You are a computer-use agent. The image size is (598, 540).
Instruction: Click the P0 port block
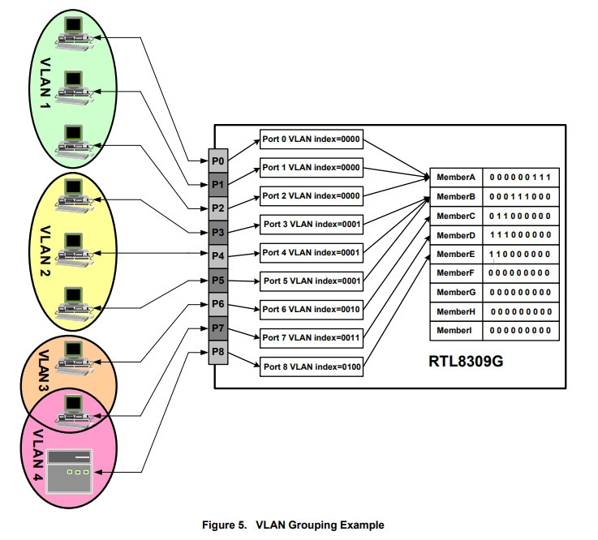click(x=217, y=161)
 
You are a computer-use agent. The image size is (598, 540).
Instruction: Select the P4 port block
click(x=217, y=256)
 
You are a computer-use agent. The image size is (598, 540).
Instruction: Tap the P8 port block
click(x=217, y=352)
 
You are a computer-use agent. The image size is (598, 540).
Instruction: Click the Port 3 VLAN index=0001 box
click(x=312, y=224)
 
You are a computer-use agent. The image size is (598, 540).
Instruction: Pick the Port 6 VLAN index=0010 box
click(x=312, y=309)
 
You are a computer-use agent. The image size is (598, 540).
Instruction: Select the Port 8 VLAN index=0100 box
click(x=312, y=366)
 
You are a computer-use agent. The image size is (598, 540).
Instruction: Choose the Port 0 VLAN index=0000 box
click(x=312, y=139)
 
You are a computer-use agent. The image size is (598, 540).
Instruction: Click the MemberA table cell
click(x=456, y=178)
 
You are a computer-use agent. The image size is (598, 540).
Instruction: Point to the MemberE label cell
click(x=456, y=254)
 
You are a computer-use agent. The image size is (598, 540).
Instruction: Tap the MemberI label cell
click(x=456, y=330)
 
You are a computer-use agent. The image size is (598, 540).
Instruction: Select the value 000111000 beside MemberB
click(x=520, y=197)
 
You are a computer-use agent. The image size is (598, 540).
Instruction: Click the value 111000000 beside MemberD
click(x=520, y=235)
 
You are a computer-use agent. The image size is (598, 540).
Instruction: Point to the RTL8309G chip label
click(x=466, y=362)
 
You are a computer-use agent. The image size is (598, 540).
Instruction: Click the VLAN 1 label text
click(x=45, y=83)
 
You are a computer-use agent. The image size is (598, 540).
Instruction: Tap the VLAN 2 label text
click(x=45, y=251)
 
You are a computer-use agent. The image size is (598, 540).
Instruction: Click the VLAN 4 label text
click(x=37, y=455)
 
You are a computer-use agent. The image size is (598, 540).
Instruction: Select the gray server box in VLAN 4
click(x=70, y=472)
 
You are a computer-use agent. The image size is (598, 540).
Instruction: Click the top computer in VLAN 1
click(x=74, y=33)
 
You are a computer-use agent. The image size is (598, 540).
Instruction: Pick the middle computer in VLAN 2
click(x=74, y=250)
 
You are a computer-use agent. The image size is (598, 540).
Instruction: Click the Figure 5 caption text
click(x=293, y=525)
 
